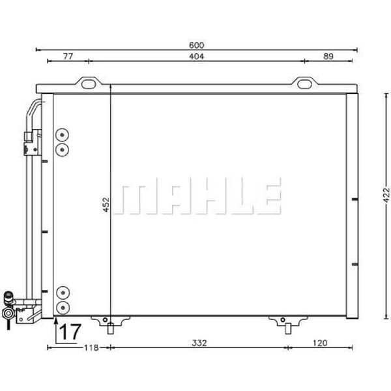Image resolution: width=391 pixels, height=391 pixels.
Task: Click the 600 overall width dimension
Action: [197, 45]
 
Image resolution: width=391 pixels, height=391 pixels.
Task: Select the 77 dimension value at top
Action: [68, 57]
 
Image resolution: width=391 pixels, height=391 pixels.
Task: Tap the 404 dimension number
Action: [197, 57]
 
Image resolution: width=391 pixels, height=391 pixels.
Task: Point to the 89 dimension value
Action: [328, 57]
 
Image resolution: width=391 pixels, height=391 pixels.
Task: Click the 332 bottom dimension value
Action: [198, 343]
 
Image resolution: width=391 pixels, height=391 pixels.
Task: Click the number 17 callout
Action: [70, 332]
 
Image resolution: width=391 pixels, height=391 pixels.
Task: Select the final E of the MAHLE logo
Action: [268, 195]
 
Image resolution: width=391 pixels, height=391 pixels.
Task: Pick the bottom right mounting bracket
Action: [283, 321]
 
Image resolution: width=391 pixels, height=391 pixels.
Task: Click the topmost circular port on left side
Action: [63, 136]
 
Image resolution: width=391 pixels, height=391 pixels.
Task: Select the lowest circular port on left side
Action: [63, 306]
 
